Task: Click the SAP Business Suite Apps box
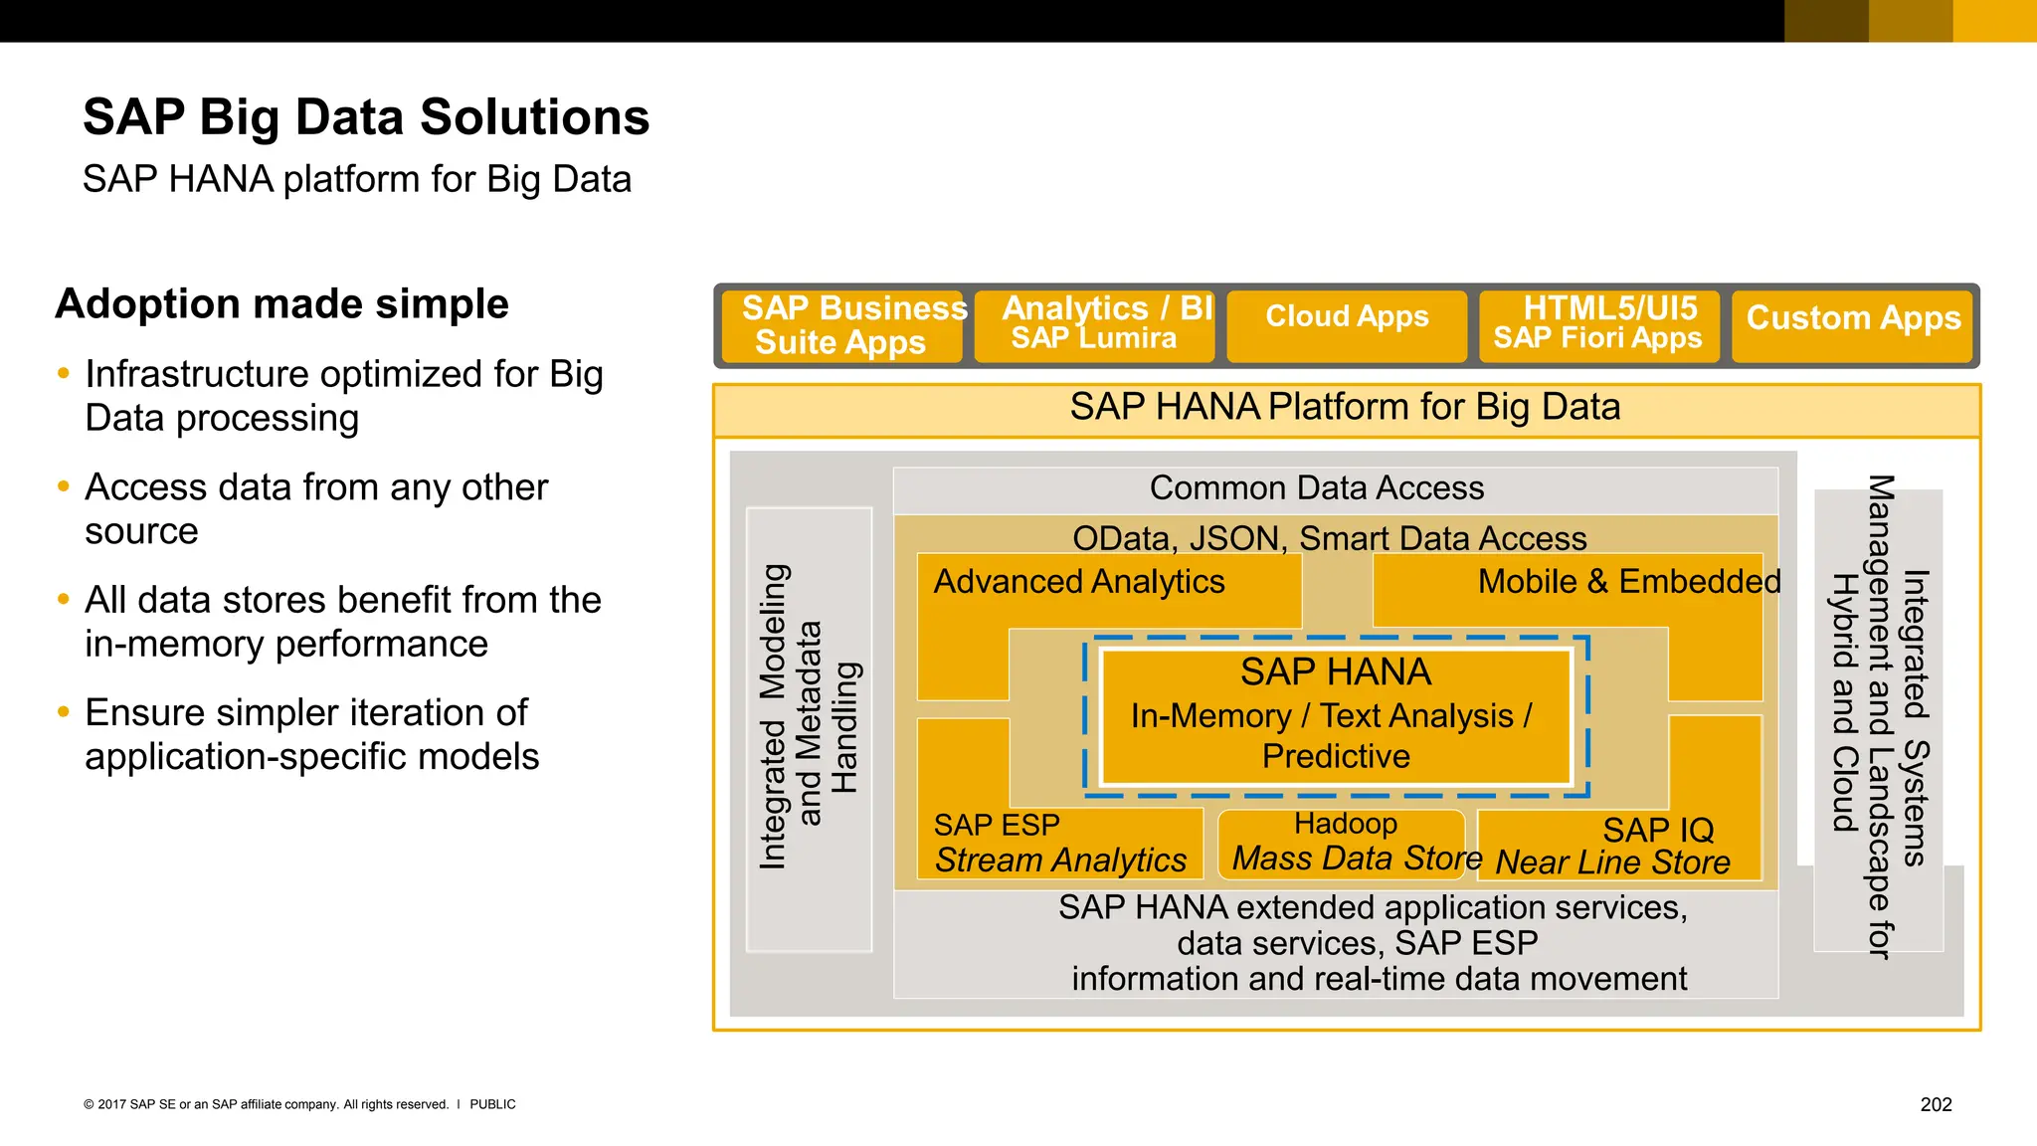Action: click(841, 325)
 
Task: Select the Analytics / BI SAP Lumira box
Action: click(1094, 325)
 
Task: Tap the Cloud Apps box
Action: click(1347, 325)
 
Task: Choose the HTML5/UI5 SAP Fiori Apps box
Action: click(1598, 325)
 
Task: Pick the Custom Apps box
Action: click(1852, 325)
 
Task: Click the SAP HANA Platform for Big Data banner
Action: click(1345, 408)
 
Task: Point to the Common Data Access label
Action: click(1317, 488)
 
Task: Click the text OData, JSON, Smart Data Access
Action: click(1329, 538)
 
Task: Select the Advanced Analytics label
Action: click(1079, 582)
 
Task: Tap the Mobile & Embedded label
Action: click(1628, 582)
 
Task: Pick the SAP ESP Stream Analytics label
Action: click(1059, 844)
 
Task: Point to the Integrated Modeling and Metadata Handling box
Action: click(809, 729)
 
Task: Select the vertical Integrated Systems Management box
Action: click(1878, 718)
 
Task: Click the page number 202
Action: click(1936, 1104)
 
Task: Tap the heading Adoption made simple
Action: click(281, 303)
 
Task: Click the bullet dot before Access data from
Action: click(64, 487)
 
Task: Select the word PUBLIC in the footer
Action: click(492, 1104)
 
